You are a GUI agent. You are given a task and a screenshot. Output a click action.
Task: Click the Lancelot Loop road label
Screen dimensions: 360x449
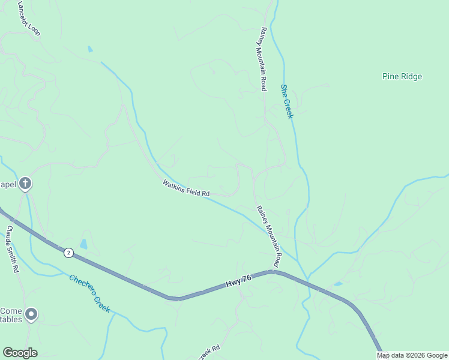(29, 18)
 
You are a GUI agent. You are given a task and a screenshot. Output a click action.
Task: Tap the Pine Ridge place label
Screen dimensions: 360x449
(402, 77)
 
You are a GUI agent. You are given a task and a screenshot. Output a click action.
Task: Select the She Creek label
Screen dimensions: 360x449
(287, 101)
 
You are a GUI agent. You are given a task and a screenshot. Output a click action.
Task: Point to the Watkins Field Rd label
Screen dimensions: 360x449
(185, 188)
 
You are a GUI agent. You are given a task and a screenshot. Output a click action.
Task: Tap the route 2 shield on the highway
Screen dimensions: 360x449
(68, 253)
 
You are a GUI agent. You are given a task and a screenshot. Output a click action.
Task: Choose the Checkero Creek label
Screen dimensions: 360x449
(89, 293)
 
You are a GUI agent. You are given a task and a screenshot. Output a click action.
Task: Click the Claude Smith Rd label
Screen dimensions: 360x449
(12, 248)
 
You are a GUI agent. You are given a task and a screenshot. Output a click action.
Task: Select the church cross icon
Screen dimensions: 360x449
(25, 184)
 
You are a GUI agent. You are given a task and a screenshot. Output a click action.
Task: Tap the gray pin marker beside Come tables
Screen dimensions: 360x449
(31, 314)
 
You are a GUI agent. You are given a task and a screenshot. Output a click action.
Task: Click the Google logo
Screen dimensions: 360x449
(20, 353)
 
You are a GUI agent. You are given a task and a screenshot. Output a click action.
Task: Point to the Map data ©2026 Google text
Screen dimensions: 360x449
(411, 356)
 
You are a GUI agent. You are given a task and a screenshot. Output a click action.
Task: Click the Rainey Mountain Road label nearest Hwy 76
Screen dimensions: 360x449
(269, 236)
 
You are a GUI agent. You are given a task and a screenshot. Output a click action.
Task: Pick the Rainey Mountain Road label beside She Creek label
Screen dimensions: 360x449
(263, 59)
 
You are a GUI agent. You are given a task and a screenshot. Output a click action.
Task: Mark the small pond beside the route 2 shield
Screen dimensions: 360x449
(83, 244)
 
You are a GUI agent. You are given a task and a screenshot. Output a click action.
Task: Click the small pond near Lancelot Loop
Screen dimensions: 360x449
(90, 49)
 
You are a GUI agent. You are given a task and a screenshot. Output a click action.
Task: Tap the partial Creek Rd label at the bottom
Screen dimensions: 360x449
(208, 353)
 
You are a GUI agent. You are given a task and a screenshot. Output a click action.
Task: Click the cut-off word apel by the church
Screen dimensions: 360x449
(7, 184)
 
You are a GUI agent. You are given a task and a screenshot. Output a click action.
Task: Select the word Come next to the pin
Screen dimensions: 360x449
(11, 311)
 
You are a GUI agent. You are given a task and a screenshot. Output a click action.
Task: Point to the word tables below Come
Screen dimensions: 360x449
(11, 319)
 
